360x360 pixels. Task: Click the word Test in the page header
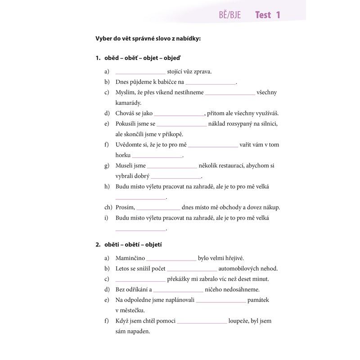click(x=263, y=15)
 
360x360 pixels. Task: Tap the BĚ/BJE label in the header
click(x=230, y=15)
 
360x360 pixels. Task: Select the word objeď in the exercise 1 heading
click(x=173, y=58)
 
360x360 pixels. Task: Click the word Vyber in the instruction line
click(x=104, y=38)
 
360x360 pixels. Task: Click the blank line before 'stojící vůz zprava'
click(x=140, y=72)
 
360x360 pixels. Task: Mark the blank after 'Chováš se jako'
click(x=179, y=114)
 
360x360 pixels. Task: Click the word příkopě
click(x=171, y=134)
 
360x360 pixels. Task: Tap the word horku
click(x=123, y=155)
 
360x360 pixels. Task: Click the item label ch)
click(x=108, y=207)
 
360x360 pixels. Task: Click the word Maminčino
click(x=130, y=258)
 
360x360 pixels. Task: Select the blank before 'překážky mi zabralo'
click(x=140, y=279)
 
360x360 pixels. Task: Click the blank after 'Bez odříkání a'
click(x=178, y=290)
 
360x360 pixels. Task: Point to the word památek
click(x=258, y=300)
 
